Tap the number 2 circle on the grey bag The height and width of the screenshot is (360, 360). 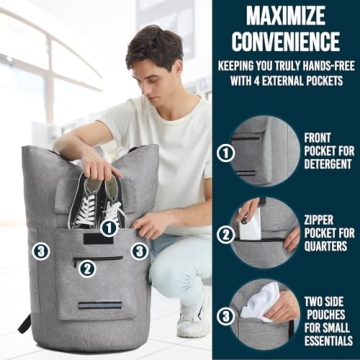87,267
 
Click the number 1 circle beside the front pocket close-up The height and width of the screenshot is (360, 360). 226,154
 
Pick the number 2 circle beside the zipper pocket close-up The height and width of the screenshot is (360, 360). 226,233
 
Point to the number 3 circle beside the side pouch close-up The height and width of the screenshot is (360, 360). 226,315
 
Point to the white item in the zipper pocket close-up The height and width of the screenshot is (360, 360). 252,223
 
